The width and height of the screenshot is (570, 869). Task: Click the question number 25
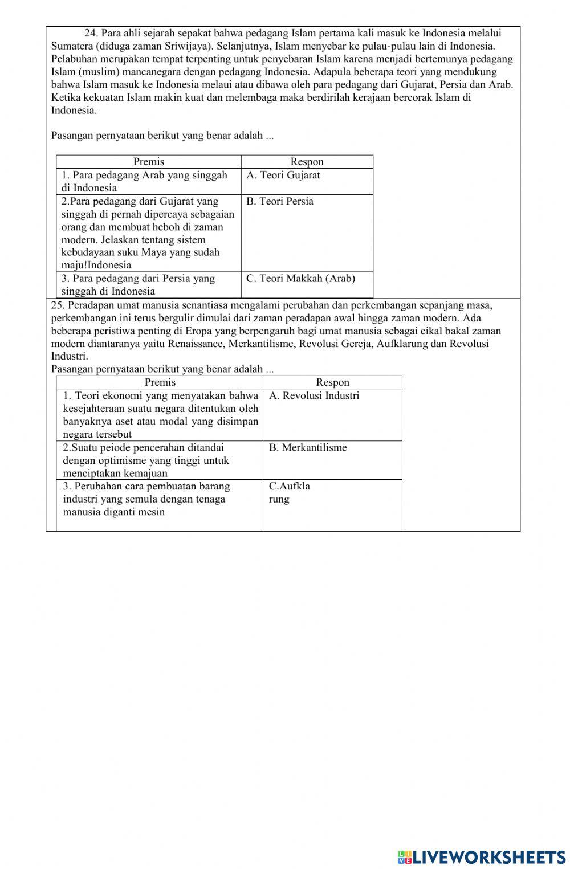tap(58, 305)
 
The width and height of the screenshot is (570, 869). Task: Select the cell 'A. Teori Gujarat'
tap(307, 181)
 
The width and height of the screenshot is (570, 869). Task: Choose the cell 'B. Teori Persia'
tap(307, 233)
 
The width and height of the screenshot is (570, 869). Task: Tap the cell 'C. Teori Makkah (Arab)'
tap(307, 284)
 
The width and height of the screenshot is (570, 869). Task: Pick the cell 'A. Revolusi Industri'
tap(333, 415)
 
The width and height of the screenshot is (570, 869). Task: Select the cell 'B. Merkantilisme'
tap(333, 460)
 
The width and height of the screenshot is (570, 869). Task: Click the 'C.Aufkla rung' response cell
tap(333, 505)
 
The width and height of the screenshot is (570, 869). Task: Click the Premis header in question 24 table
tap(149, 162)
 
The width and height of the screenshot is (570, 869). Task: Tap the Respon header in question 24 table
tap(307, 162)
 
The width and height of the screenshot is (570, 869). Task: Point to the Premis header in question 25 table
tap(160, 382)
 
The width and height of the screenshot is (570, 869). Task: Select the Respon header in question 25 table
tap(333, 382)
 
